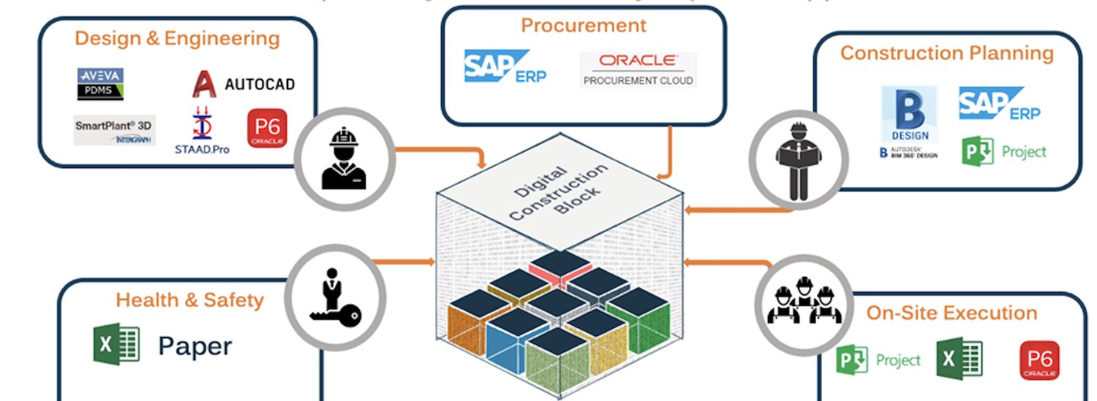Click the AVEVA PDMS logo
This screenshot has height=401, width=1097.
101,84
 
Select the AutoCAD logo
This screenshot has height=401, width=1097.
243,84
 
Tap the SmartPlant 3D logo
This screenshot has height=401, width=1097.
114,130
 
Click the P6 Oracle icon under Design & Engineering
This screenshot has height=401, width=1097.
267,129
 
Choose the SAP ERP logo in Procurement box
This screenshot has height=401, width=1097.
505,67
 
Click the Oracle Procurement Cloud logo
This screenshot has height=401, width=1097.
638,69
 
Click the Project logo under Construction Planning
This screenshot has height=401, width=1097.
1003,152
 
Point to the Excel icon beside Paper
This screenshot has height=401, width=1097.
116,345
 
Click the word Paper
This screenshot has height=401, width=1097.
195,345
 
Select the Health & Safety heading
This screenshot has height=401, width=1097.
189,299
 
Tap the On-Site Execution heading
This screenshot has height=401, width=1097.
951,313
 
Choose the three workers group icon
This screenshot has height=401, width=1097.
804,300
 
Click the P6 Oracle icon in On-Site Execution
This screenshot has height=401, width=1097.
1038,361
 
